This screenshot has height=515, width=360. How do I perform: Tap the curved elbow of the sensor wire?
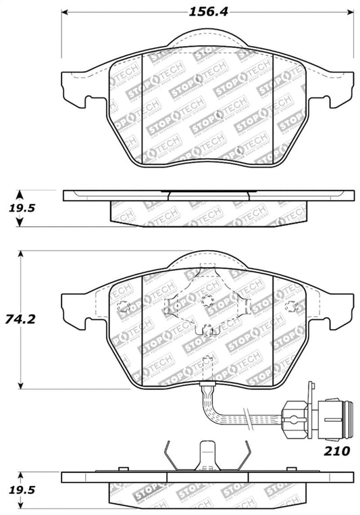pyautogui.click(x=211, y=408)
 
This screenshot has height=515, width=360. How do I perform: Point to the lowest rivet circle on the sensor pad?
pyautogui.click(x=208, y=329)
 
